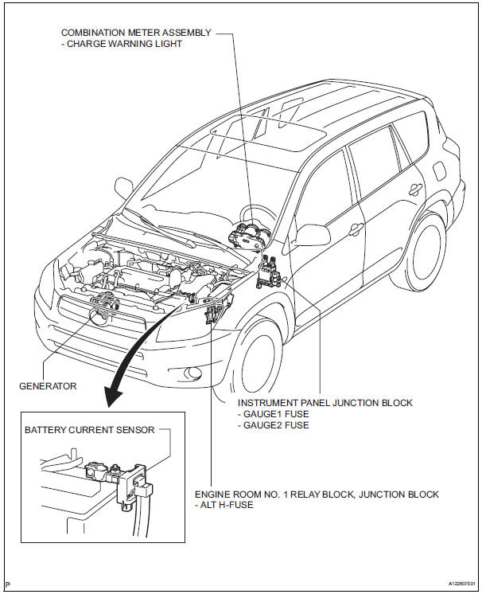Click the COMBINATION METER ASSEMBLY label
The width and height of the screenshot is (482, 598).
coord(136,33)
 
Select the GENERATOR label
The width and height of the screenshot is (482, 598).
coord(48,386)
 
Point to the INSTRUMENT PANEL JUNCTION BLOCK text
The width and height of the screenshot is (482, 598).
coord(325,403)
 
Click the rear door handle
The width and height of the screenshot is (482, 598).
coord(414,190)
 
